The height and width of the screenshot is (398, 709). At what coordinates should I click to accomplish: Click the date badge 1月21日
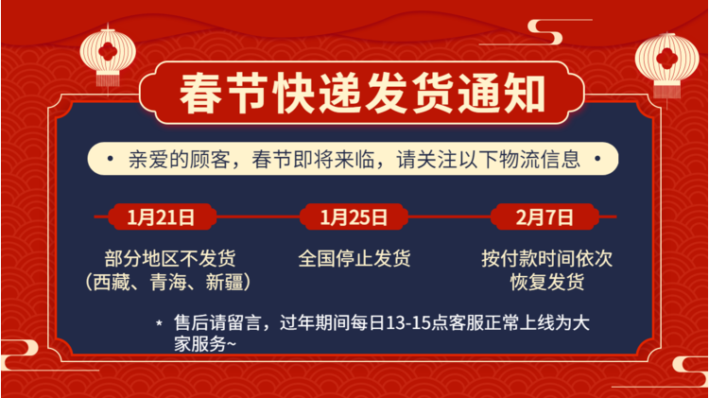tap(162, 217)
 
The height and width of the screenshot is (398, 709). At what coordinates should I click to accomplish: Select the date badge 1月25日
tap(354, 217)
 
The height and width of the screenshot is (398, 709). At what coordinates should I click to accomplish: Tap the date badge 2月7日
tap(545, 217)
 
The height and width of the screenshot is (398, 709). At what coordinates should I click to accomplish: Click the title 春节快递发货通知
tap(362, 94)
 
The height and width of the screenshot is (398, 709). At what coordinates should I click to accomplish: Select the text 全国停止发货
tap(354, 259)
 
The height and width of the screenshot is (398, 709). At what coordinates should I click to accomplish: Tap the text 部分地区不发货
tap(170, 259)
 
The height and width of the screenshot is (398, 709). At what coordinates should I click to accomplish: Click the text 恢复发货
tap(547, 283)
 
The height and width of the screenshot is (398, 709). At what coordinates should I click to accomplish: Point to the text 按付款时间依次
tap(547, 259)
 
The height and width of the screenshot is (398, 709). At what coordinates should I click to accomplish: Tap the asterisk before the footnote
tap(159, 323)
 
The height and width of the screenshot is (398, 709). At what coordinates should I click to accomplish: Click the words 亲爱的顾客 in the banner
tap(180, 159)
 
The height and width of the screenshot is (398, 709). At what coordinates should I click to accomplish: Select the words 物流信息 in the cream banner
tap(539, 159)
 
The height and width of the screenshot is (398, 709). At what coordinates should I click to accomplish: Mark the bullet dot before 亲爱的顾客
tap(110, 159)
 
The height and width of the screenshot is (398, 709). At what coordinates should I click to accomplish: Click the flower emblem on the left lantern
tap(108, 51)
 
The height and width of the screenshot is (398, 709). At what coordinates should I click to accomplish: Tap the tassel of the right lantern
tap(667, 93)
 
